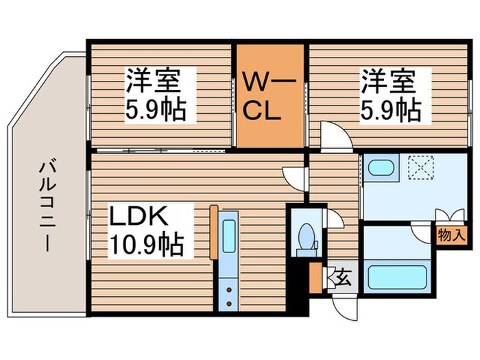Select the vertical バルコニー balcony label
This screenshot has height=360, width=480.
tap(47, 204)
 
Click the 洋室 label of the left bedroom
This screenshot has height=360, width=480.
tap(152, 82)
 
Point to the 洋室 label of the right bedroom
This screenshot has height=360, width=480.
tap(388, 82)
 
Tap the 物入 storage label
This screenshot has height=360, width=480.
tap(452, 234)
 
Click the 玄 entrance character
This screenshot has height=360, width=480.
tap(341, 278)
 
